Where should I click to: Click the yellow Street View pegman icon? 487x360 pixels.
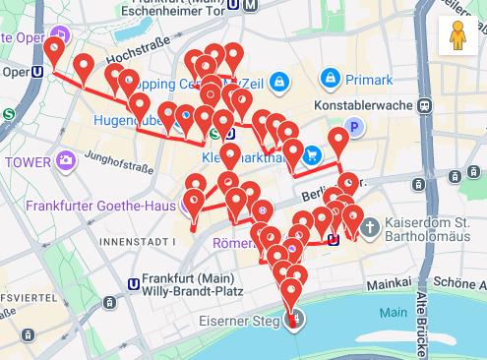tap(457, 36)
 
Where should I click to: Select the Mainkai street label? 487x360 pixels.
tap(387, 282)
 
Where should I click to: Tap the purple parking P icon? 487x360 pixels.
tap(353, 126)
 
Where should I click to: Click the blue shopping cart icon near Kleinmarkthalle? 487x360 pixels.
tap(311, 154)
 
